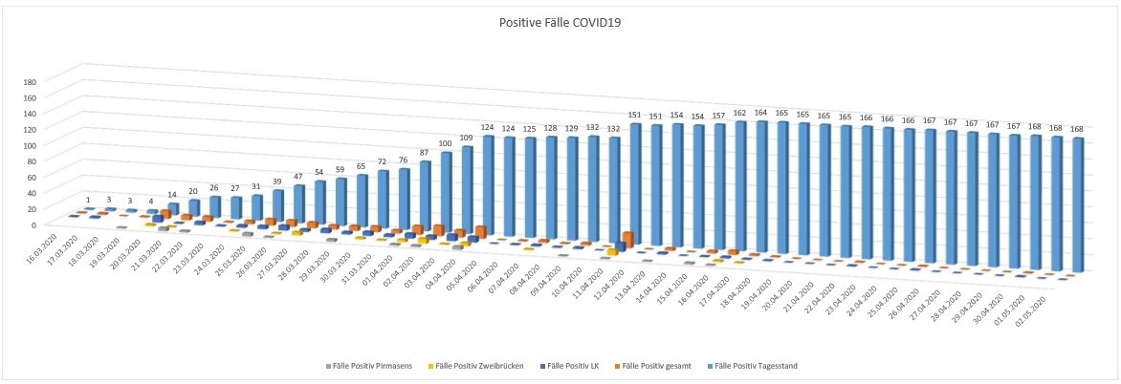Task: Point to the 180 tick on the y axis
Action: [x=31, y=82]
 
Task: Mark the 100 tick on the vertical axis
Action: [x=31, y=145]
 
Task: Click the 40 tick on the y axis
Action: [x=33, y=193]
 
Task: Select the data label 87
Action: [x=424, y=154]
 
